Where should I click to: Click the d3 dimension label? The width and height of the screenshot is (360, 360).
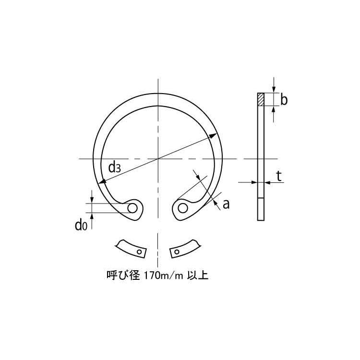click(114, 167)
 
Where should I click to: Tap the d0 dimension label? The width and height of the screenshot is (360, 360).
click(81, 225)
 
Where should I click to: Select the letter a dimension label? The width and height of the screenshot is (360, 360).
click(226, 204)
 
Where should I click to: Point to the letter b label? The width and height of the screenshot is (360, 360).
click(284, 100)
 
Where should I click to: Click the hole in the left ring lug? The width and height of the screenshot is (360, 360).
click(133, 208)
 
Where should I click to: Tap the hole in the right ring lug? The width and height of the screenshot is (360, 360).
click(183, 208)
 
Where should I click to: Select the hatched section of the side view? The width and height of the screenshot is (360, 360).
click(261, 99)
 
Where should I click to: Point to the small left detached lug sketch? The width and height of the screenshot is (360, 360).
click(131, 247)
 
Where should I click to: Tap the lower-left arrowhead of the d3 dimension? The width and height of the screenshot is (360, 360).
click(102, 181)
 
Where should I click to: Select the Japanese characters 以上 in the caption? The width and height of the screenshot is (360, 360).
click(201, 276)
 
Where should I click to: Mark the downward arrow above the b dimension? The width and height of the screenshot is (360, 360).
click(274, 89)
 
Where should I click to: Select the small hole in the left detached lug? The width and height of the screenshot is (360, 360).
click(139, 251)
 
